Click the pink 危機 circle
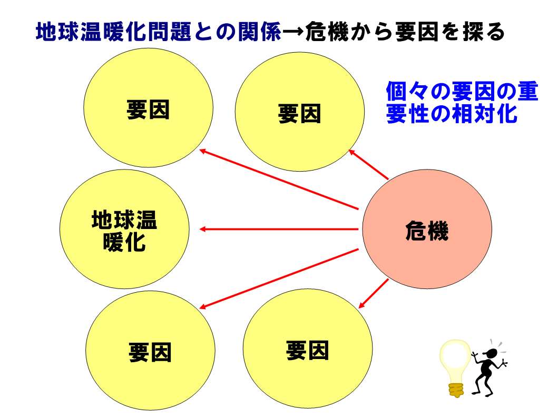[x=427, y=229]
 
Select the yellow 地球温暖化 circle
[x=124, y=229]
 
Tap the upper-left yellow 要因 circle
[x=149, y=108]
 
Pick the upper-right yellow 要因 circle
[x=300, y=112]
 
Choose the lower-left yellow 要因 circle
[x=150, y=351]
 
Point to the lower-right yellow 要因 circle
[x=308, y=349]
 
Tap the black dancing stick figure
[x=489, y=368]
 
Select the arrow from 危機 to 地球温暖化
[x=279, y=229]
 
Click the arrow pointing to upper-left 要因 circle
[x=279, y=179]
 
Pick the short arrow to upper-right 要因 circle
[x=368, y=164]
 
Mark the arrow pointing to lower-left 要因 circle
[x=279, y=279]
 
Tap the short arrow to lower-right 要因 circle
[x=374, y=294]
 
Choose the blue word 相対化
[x=485, y=114]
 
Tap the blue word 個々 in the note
[x=407, y=92]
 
